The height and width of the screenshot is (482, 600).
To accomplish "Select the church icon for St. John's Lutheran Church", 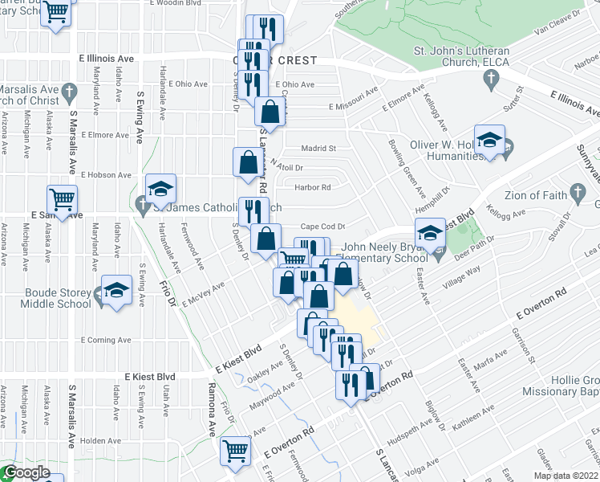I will (x=491, y=79).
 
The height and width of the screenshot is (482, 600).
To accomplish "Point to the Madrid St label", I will (x=318, y=148).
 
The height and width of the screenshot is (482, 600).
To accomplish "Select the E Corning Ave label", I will (x=104, y=341).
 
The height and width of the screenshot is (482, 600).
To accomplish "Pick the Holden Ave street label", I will (x=100, y=440).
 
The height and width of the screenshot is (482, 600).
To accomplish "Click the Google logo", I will (x=26, y=473).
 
